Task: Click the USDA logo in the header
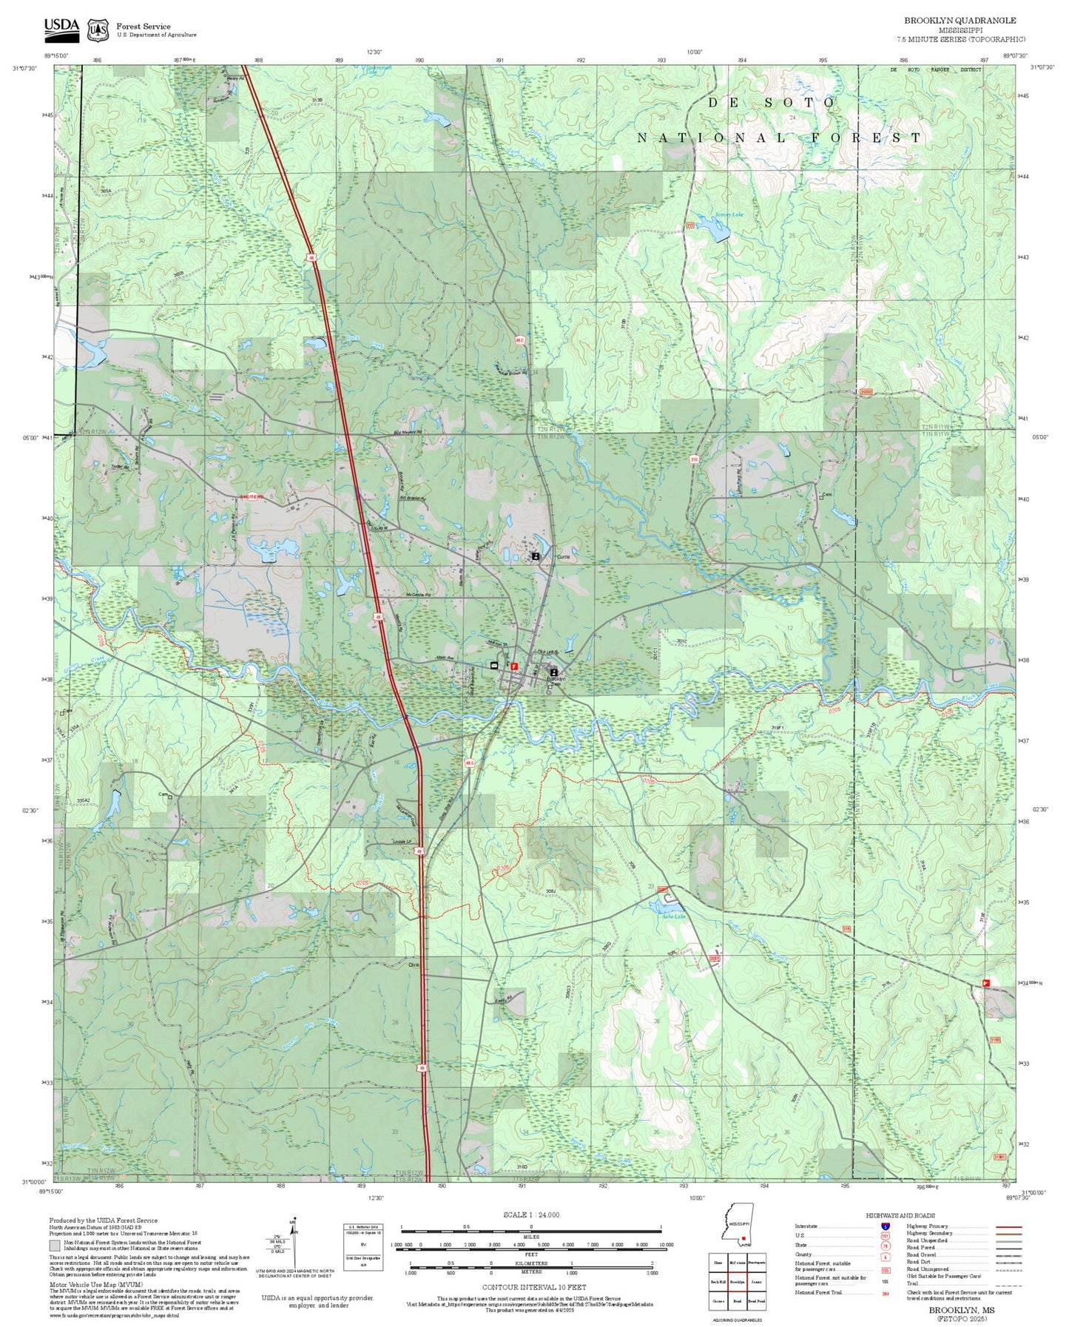point(61,27)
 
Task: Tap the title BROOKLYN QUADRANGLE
point(960,21)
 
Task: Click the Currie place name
point(564,557)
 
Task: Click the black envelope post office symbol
point(493,666)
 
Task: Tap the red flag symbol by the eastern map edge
point(985,982)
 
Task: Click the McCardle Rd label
point(418,595)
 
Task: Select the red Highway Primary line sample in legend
point(1009,1226)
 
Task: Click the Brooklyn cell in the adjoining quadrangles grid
point(736,1281)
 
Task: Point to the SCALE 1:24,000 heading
point(531,1215)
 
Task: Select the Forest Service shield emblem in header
point(97,30)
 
